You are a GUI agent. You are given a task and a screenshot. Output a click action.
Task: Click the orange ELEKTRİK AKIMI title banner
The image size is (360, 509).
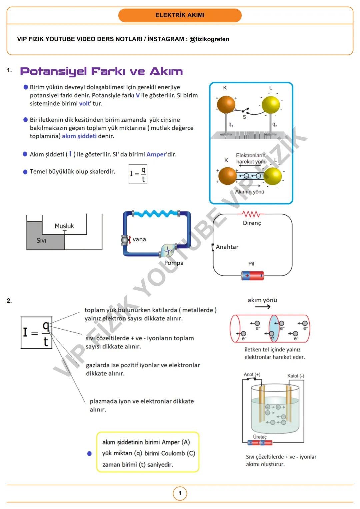click(180, 15)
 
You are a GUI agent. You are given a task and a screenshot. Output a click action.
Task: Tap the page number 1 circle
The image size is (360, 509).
click(180, 493)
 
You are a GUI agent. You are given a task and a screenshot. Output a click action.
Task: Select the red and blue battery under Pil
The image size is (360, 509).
click(252, 276)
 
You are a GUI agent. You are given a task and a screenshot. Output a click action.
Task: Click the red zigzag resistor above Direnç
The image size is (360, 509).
click(251, 214)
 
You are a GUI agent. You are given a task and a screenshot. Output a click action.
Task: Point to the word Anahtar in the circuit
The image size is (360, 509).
click(227, 247)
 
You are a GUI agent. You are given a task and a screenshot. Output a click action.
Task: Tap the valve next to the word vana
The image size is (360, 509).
click(125, 240)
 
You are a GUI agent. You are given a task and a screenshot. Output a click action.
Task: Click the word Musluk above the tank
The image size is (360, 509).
click(64, 226)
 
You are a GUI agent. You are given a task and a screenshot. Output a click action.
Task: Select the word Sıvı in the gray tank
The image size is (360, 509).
click(41, 241)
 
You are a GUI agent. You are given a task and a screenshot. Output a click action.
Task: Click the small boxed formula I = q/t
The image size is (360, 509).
click(138, 174)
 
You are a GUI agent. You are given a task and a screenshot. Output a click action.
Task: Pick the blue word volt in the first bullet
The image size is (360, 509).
click(84, 104)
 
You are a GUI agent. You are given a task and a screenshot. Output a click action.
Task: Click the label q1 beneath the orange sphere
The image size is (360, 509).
click(231, 124)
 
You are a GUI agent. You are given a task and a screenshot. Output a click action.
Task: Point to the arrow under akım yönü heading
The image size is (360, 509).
click(262, 307)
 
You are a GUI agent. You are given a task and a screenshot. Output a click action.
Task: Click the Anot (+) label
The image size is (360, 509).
click(252, 374)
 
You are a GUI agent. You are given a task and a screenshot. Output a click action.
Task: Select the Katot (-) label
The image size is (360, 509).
click(296, 376)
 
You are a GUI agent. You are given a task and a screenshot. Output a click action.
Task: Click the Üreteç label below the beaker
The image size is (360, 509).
click(260, 437)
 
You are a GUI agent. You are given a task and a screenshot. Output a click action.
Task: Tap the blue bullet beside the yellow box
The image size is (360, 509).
click(89, 453)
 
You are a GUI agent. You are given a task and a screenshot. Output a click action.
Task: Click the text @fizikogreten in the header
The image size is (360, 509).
click(209, 39)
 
